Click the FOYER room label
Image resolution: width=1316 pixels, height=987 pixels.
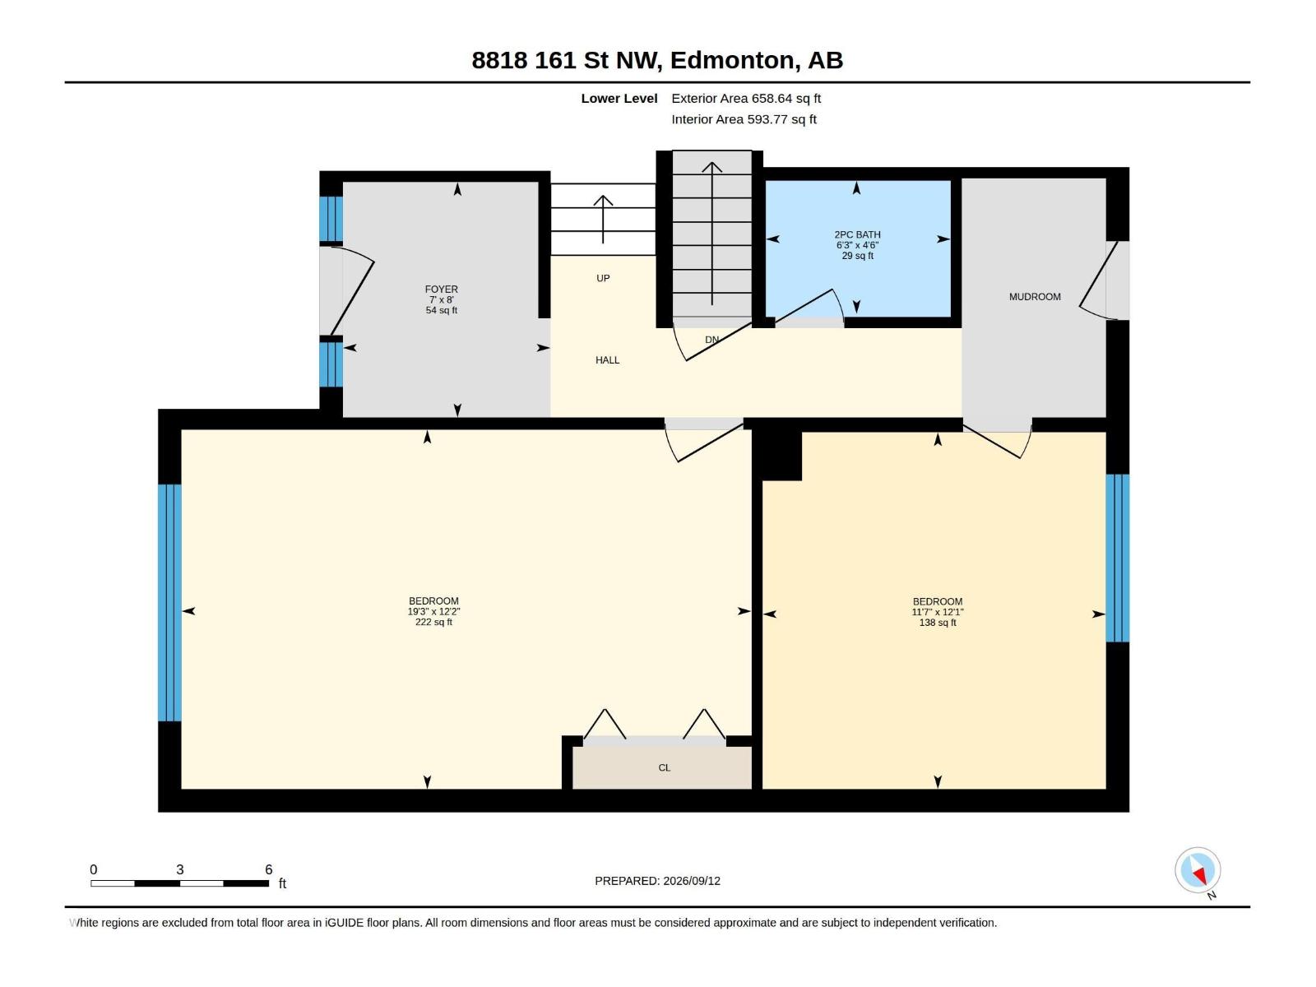[x=441, y=289]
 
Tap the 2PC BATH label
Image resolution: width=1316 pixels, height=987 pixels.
[x=857, y=235]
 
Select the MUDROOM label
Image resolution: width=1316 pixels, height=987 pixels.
[x=1035, y=297]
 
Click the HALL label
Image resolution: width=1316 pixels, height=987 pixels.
[x=607, y=360]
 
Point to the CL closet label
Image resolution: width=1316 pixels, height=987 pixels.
[x=665, y=767]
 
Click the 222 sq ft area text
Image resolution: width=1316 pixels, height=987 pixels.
[x=433, y=622]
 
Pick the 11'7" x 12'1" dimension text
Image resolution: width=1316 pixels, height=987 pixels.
[x=938, y=612]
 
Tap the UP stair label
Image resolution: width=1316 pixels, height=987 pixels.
[x=603, y=278]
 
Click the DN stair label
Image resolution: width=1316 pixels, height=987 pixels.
[x=711, y=340]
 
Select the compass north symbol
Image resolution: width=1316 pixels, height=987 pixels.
[x=1198, y=871]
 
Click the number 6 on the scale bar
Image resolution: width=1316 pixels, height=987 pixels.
[x=269, y=869]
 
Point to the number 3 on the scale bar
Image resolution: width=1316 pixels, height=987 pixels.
[x=180, y=869]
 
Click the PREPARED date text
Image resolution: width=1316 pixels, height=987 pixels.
[x=658, y=881]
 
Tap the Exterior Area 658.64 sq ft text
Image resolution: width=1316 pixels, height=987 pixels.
[x=746, y=98]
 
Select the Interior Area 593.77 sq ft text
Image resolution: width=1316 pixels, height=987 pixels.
[x=744, y=119]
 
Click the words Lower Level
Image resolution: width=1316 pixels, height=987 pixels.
[x=619, y=98]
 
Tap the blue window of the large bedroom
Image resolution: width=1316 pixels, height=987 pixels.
[x=169, y=602]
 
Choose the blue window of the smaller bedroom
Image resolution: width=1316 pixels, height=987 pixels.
[x=1118, y=558]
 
